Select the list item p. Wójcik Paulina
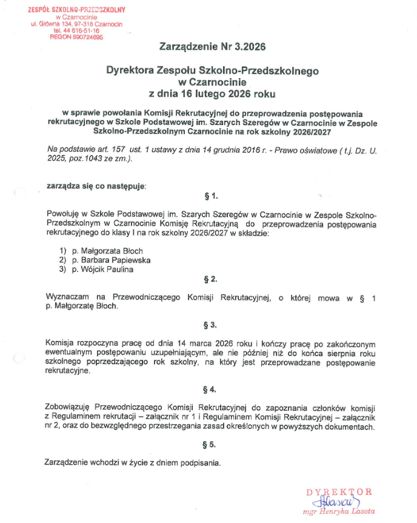click(x=102, y=269)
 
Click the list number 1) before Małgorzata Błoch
click(x=62, y=250)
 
